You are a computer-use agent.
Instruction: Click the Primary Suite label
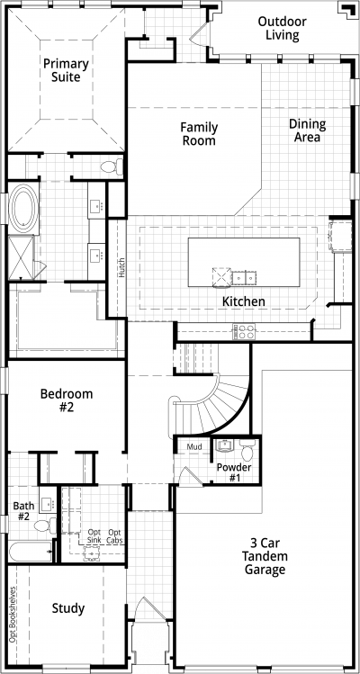[x=66, y=70]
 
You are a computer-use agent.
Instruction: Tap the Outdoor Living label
[x=283, y=28]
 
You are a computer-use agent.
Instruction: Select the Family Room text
[x=199, y=134]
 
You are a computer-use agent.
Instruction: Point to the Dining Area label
[x=307, y=130]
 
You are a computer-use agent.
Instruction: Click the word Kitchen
[x=243, y=301]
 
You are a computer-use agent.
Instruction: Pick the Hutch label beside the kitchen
[x=122, y=267]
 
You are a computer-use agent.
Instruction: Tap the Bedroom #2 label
[x=67, y=400]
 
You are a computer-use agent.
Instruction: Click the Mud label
[x=194, y=447]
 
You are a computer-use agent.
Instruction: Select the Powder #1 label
[x=234, y=472]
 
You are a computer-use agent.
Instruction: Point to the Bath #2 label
[x=23, y=510]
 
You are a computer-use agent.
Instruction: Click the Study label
[x=68, y=608]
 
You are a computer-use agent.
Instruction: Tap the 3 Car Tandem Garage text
[x=265, y=556]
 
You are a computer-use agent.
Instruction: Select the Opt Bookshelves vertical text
[x=13, y=615]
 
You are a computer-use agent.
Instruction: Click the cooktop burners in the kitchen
[x=244, y=332]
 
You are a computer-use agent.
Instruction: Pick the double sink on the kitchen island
[x=244, y=278]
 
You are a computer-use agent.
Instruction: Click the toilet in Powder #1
[x=247, y=450]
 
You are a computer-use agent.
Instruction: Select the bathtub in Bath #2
[x=30, y=552]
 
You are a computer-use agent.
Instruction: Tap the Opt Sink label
[x=94, y=535]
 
